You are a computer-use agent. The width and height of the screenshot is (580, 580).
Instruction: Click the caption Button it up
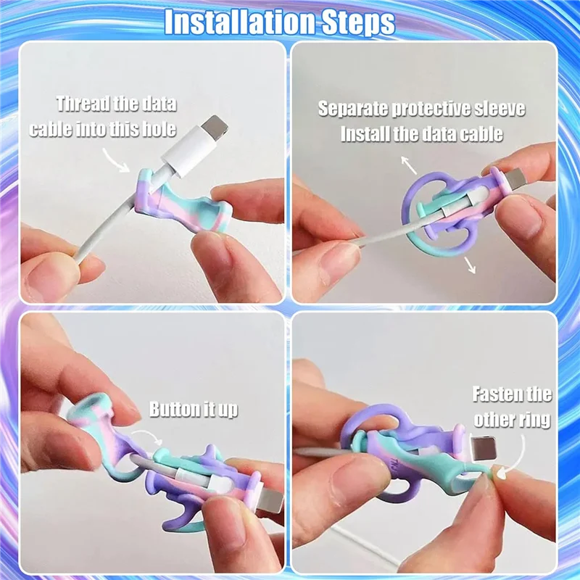(x=194, y=409)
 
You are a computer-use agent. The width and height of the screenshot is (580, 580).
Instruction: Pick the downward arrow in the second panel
(x=470, y=265)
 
